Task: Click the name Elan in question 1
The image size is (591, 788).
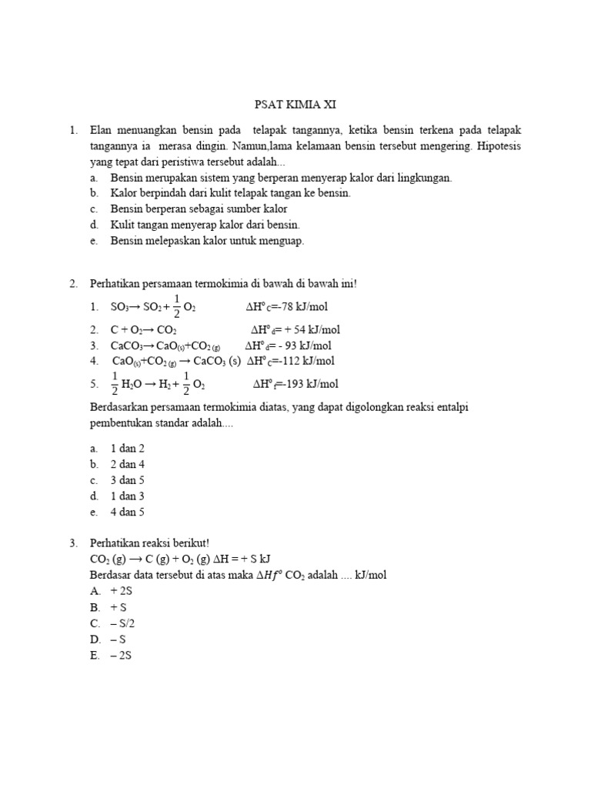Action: coord(102,131)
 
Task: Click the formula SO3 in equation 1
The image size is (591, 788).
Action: coord(121,308)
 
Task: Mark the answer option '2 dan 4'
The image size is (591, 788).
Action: coord(128,464)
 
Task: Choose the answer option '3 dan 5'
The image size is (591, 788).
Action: coord(128,480)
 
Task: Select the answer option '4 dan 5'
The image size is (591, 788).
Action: coord(128,512)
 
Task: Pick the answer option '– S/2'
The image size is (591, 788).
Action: coord(122,623)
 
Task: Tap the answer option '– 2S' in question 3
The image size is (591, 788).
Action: coord(121,655)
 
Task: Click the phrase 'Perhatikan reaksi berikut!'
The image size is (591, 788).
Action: coord(144,543)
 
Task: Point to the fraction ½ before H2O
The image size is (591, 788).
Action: coord(115,383)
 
